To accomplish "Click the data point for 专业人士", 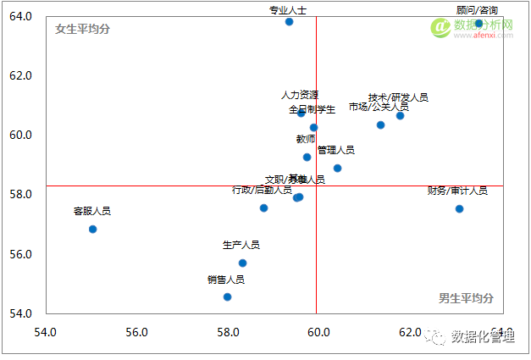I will pyautogui.click(x=289, y=22).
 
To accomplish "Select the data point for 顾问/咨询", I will pyautogui.click(x=478, y=24).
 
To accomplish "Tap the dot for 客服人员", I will pyautogui.click(x=92, y=229).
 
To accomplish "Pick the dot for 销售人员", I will pyautogui.click(x=227, y=296).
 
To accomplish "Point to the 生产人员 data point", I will pyautogui.click(x=242, y=263).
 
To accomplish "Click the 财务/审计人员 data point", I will pyautogui.click(x=459, y=208).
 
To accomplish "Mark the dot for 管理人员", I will pyautogui.click(x=337, y=168).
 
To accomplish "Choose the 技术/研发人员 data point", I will pyautogui.click(x=400, y=115).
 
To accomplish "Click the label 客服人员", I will pyautogui.click(x=91, y=211).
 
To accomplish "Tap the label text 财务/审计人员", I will pyautogui.click(x=457, y=191).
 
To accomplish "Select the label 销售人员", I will pyautogui.click(x=225, y=279).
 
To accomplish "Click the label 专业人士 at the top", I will pyautogui.click(x=288, y=10).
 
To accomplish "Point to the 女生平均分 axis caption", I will pyautogui.click(x=82, y=29).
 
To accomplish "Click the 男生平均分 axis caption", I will pyautogui.click(x=466, y=297).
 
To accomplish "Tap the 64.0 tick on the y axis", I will pyautogui.click(x=20, y=16).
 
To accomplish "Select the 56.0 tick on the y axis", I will pyautogui.click(x=20, y=254).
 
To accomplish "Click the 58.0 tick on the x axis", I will pyautogui.click(x=227, y=331).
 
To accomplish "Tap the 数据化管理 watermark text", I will pyautogui.click(x=484, y=337).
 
